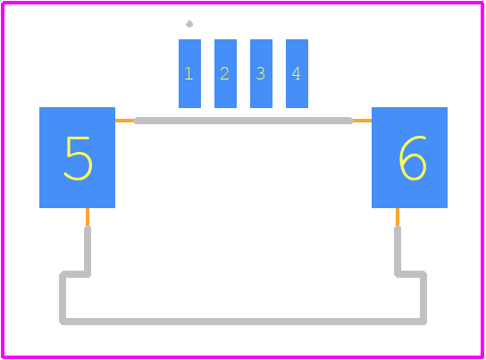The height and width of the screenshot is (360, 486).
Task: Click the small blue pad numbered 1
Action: [x=189, y=74]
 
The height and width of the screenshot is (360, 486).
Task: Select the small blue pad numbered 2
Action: [x=225, y=74]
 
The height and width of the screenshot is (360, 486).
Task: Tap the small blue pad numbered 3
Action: [x=261, y=74]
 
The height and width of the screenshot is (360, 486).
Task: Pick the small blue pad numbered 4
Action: [x=297, y=74]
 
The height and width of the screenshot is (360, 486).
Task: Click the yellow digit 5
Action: [x=78, y=158]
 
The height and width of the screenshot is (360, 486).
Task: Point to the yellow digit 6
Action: [x=413, y=158]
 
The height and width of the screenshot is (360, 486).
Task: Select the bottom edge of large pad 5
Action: [x=77, y=207]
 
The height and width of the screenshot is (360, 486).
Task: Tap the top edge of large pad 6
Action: [x=409, y=108]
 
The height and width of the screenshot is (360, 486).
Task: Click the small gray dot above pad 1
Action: [x=189, y=24]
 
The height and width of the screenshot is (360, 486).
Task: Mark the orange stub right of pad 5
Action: [x=124, y=121]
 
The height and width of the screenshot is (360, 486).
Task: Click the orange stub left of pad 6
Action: [x=362, y=121]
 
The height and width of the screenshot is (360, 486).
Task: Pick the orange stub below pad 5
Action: [x=88, y=217]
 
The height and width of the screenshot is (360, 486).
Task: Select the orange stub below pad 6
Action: [x=398, y=217]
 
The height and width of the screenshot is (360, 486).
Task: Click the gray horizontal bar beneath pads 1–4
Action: [x=243, y=121]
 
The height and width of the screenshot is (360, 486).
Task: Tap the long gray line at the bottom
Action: [x=243, y=322]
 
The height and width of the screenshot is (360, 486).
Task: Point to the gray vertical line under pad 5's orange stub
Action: [x=88, y=251]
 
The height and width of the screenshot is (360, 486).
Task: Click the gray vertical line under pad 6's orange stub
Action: [x=398, y=251]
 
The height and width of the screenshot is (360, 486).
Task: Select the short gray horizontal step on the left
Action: [x=75, y=274]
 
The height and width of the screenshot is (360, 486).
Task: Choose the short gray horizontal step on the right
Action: [x=410, y=274]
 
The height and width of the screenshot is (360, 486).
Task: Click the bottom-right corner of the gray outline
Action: [x=423, y=322]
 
